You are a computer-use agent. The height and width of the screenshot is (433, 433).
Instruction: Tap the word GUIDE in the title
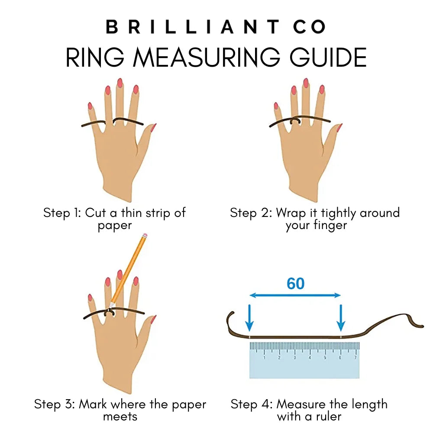328,58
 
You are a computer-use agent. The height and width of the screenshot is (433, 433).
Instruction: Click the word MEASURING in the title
207,58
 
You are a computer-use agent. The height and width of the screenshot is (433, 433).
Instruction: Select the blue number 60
295,284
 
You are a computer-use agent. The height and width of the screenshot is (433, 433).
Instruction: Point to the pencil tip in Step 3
110,307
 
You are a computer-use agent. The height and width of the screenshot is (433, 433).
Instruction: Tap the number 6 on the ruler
340,358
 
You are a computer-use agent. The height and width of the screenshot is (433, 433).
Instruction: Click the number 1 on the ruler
264,358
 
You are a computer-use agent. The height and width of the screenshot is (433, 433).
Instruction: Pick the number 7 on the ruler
355,358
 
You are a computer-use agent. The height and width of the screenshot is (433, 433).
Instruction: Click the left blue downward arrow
249,317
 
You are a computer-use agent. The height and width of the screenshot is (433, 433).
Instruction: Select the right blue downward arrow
341,317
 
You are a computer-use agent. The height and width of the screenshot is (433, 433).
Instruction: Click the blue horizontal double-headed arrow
295,295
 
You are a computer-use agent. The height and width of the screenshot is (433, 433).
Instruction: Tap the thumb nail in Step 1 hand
153,128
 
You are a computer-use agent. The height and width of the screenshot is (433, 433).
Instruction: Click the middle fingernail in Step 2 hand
306,83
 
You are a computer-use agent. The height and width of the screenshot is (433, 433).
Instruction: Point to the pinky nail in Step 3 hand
90,298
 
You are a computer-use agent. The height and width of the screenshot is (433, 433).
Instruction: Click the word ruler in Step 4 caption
329,417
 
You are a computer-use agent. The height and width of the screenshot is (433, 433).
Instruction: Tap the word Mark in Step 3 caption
93,404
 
